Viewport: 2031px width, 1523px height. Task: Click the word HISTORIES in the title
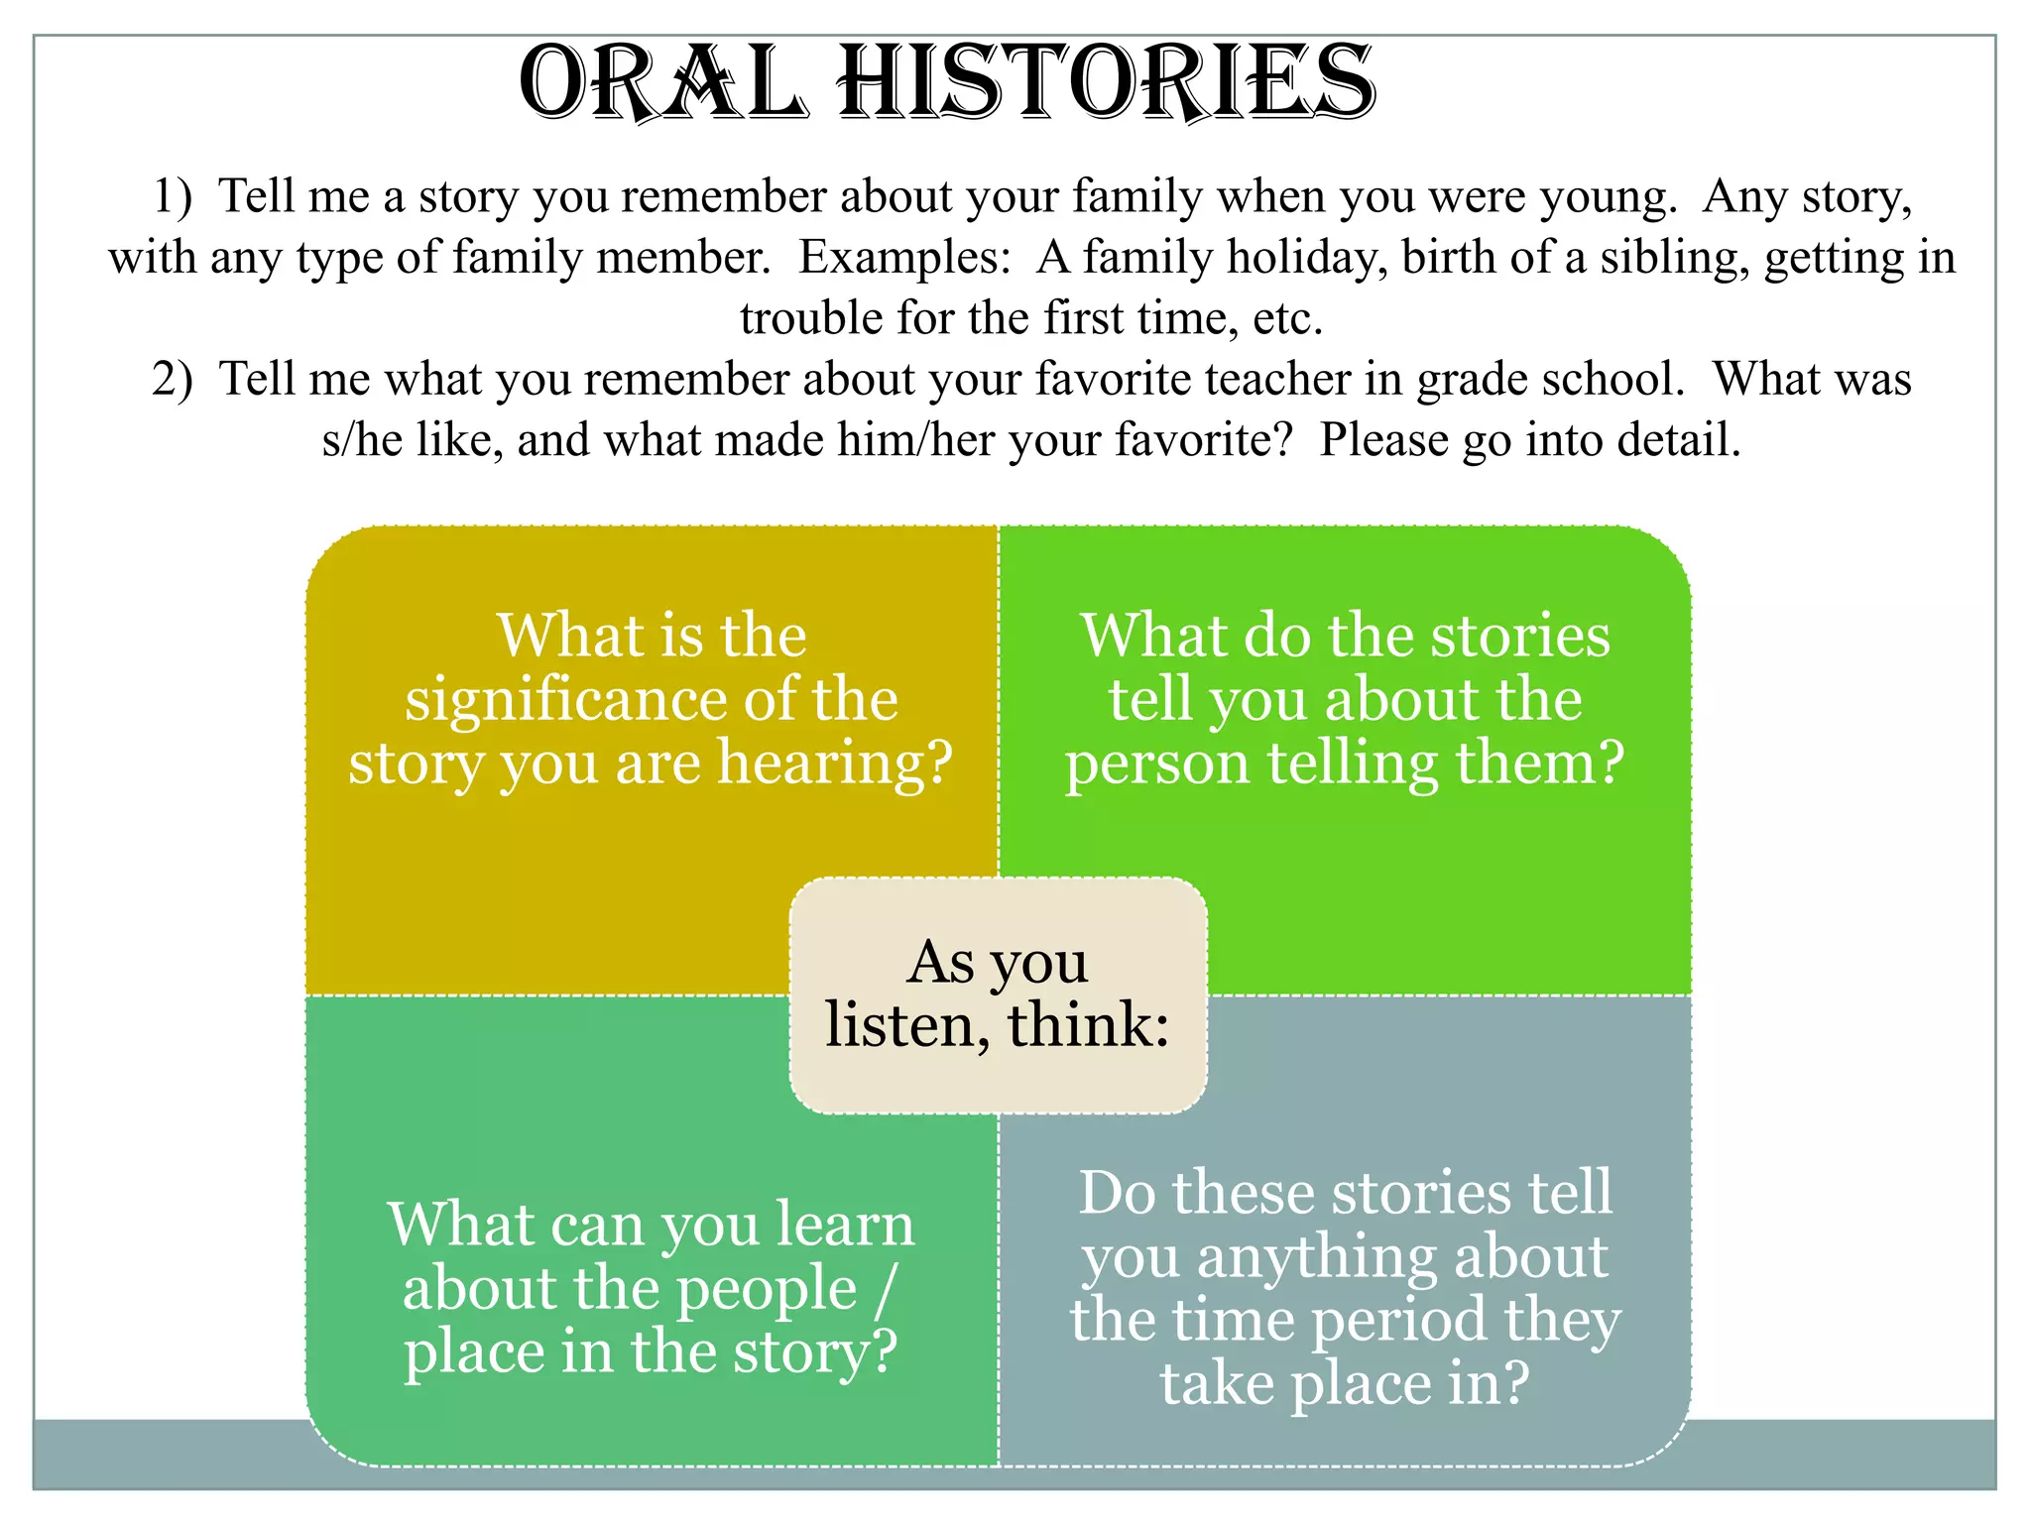(1106, 84)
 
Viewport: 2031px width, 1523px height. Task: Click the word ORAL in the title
(661, 84)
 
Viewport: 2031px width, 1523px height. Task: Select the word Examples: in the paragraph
(904, 258)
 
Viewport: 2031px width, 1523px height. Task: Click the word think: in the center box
(1088, 1025)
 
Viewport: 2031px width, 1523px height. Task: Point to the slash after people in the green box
(886, 1289)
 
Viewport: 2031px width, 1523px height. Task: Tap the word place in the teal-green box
(472, 1352)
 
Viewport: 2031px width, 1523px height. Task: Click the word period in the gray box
(1398, 1323)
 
